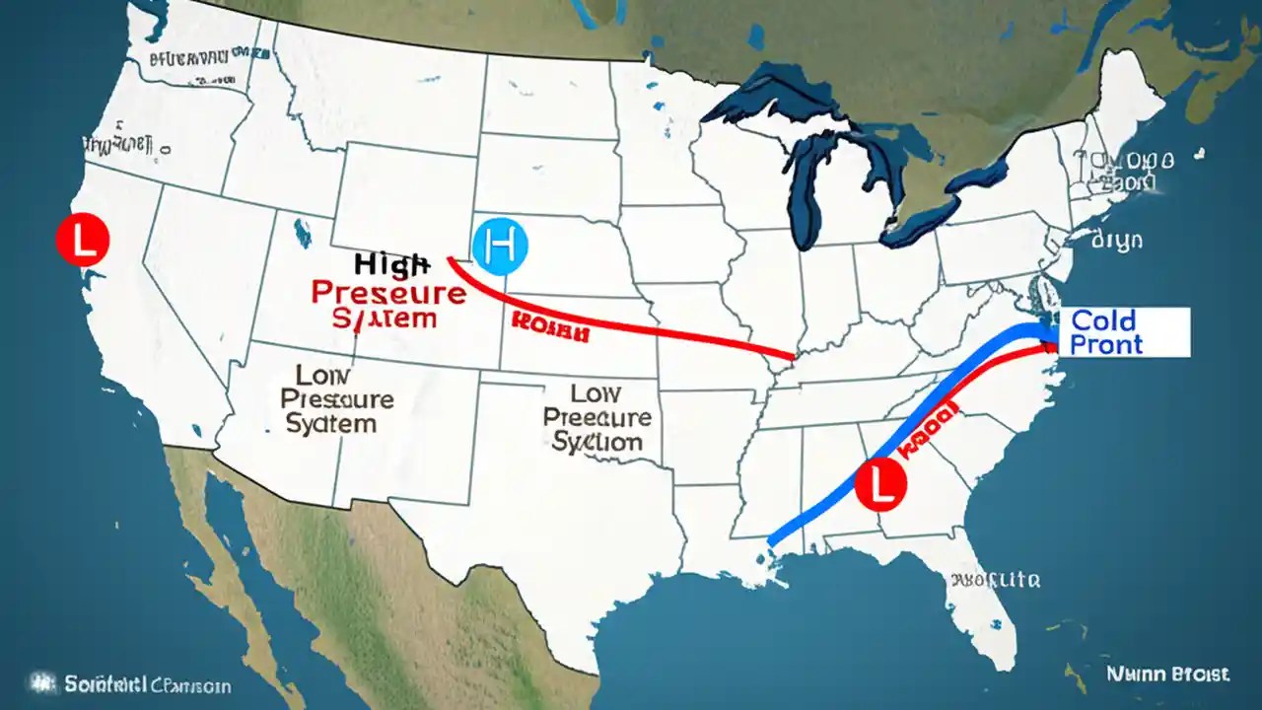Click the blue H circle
501,246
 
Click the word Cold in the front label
1103,320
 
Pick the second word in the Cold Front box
1105,344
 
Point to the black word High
391,263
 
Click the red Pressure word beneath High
388,293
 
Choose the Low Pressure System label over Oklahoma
596,417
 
